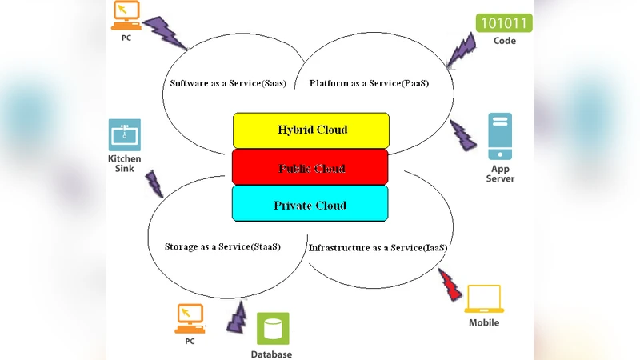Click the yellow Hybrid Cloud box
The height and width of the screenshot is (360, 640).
tap(311, 130)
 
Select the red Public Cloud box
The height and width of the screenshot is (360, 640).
tap(311, 167)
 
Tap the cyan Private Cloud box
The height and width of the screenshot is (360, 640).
tap(310, 204)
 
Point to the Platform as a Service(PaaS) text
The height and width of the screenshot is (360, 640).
tap(369, 83)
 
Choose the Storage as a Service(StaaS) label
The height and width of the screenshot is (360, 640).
tap(222, 246)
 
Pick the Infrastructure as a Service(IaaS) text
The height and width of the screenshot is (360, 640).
tap(378, 248)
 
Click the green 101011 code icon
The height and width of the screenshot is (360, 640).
tap(504, 22)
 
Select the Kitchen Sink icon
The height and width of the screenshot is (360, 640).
tap(124, 135)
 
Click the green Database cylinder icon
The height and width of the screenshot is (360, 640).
tap(274, 328)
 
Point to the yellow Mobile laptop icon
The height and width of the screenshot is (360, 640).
tap(484, 298)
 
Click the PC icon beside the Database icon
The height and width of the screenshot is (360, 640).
tap(190, 318)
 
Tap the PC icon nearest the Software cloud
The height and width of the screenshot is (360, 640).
tap(125, 13)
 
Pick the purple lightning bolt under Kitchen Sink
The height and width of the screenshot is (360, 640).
tap(154, 184)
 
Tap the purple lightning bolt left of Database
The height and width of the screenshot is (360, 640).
tap(238, 317)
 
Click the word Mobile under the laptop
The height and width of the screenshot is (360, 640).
tap(484, 322)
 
